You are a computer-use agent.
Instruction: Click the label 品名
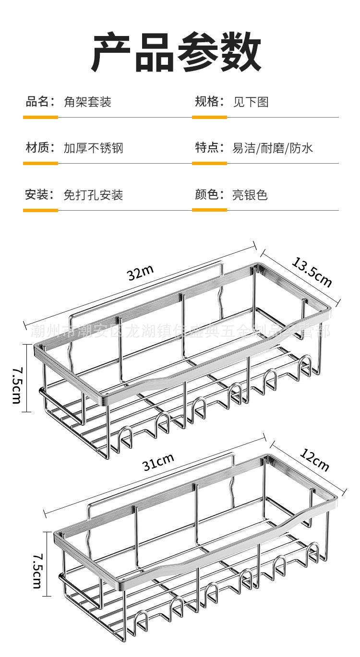click(x=37, y=101)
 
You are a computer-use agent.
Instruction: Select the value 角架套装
click(x=87, y=102)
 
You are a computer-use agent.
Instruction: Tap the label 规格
click(x=207, y=101)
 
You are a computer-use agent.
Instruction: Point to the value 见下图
click(x=251, y=102)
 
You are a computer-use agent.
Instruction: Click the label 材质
click(x=37, y=147)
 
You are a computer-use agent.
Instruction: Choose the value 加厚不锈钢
click(x=94, y=148)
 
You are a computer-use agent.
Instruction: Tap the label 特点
click(x=207, y=147)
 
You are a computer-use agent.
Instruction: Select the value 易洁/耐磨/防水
click(x=273, y=148)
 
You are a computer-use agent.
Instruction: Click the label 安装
click(x=37, y=194)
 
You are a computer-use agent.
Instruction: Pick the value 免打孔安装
click(x=94, y=195)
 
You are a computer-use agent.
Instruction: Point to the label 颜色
click(x=207, y=194)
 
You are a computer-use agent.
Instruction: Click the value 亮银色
click(x=250, y=195)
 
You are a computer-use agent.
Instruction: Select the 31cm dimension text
click(x=158, y=463)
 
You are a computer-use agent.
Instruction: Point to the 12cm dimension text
click(x=315, y=459)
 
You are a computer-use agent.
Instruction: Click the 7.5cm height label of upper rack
click(x=16, y=384)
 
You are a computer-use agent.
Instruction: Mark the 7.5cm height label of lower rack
click(x=37, y=570)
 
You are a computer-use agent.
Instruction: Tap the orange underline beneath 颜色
click(x=209, y=210)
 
